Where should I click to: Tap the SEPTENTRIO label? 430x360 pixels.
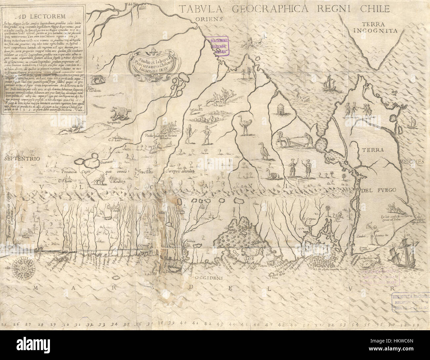22,159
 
